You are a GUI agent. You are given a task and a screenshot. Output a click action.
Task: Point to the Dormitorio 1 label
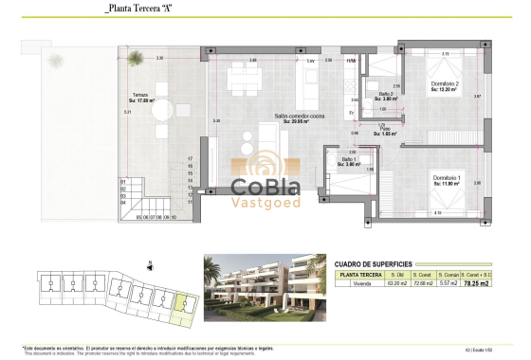[447, 179]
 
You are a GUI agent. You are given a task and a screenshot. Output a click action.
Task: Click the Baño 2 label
[385, 95]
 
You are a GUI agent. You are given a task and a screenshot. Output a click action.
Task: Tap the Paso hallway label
[385, 131]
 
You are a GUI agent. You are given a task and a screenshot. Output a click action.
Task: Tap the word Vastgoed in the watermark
[265, 203]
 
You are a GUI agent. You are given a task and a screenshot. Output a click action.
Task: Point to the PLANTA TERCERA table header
[357, 273]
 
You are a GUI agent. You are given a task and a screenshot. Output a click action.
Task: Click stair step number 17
[191, 158]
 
